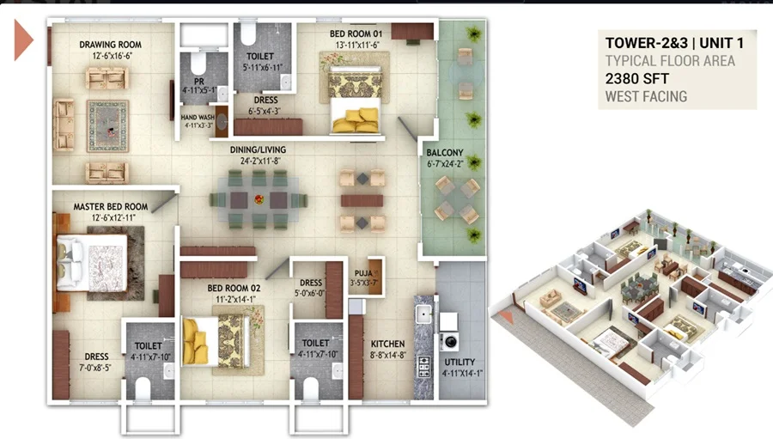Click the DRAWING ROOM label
(x=111, y=45)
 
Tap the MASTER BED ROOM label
(x=111, y=207)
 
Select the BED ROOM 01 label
(x=356, y=34)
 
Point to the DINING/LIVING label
(x=258, y=149)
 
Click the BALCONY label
(x=445, y=153)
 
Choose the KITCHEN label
(x=387, y=344)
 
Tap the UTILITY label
(x=460, y=362)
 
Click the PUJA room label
(x=363, y=273)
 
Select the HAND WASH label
(x=198, y=118)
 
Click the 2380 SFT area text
(x=637, y=78)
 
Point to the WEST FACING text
(x=646, y=96)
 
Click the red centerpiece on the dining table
(x=259, y=200)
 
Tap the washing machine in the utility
(x=449, y=341)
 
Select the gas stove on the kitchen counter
(x=424, y=368)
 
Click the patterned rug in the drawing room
(x=108, y=126)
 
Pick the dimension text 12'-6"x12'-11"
(x=113, y=218)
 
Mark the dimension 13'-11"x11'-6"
(x=357, y=46)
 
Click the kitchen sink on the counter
(x=423, y=314)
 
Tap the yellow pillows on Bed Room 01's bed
(x=356, y=120)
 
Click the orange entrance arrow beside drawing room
(x=23, y=40)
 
